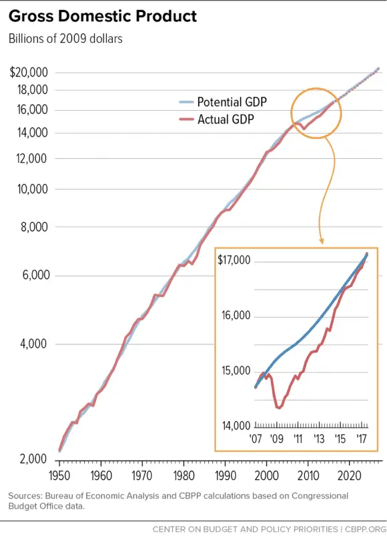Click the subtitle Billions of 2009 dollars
pos(65,38)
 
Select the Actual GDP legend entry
pos(228,119)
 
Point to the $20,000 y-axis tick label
pos(28,73)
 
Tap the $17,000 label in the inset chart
pos(234,260)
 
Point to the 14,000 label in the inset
pos(236,426)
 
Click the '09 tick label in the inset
pos(277,439)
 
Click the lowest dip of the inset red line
pos(278,407)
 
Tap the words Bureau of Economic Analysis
pos(101,496)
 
